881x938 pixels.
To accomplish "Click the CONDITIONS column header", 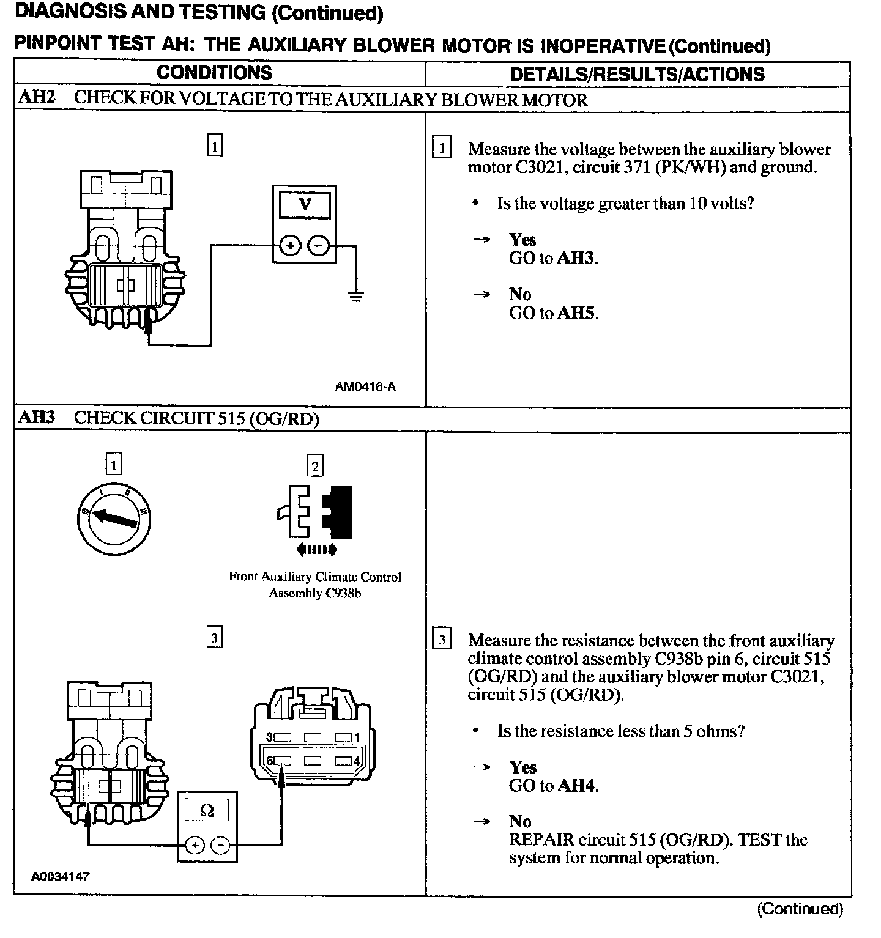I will click(214, 73).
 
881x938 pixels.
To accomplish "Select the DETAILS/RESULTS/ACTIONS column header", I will click(637, 75).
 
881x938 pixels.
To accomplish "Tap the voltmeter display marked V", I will click(304, 204).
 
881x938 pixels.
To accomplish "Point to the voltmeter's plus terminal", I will click(290, 246).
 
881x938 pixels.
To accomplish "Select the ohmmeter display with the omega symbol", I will click(207, 811).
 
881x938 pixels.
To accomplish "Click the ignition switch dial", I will click(115, 519).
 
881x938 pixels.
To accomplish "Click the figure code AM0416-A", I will click(365, 386).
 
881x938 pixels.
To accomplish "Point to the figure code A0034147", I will click(61, 876).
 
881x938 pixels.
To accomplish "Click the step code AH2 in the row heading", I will click(37, 98).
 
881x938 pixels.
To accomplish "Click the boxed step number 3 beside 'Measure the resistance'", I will click(442, 641).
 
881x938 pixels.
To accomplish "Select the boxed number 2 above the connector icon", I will click(314, 467).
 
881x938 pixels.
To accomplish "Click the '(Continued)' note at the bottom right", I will click(800, 909).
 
